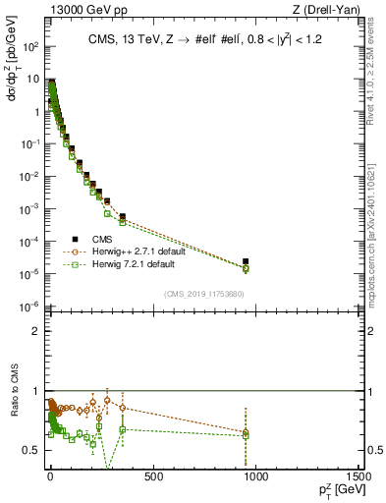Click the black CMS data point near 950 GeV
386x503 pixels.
(246, 261)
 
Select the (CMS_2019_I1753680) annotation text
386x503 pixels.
(203, 294)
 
